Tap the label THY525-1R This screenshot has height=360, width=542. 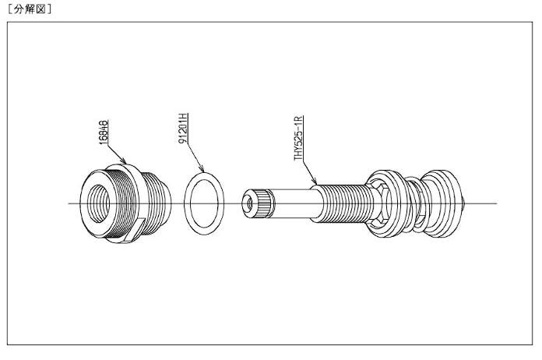tap(298, 138)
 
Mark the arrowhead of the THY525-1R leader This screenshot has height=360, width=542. tap(315, 184)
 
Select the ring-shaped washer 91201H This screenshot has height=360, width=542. tap(205, 203)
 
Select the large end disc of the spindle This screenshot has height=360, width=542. tap(447, 203)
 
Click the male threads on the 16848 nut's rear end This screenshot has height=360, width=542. tap(159, 204)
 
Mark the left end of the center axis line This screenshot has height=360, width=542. tap(69, 203)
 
